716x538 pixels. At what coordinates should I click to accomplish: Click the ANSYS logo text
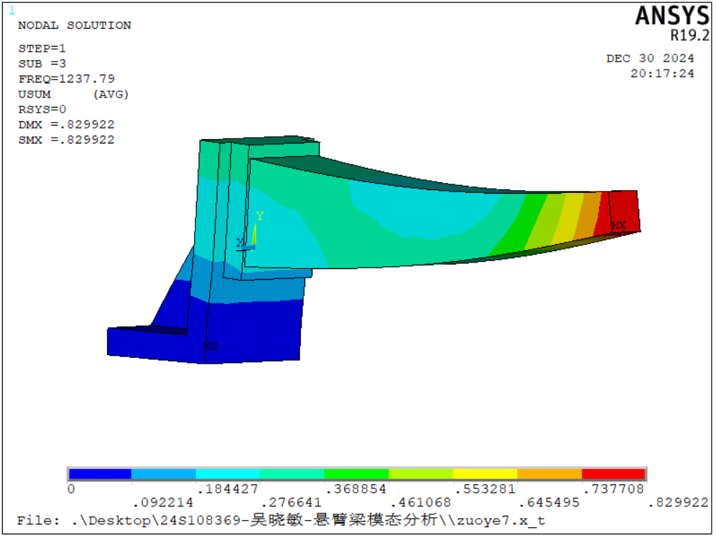coord(672,16)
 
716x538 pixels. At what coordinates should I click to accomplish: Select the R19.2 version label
coord(689,35)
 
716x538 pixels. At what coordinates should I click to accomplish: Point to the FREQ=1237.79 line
coord(67,79)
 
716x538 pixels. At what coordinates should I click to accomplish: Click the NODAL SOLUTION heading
coord(75,26)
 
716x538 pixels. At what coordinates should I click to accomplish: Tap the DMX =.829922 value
coord(67,125)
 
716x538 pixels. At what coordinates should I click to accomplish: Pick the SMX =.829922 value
coord(67,140)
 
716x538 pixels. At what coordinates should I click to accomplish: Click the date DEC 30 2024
coord(650,58)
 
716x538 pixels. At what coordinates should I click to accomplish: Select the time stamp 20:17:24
coord(663,73)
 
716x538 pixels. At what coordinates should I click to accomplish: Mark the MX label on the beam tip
coord(619,225)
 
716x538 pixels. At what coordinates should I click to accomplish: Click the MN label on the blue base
coord(210,346)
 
